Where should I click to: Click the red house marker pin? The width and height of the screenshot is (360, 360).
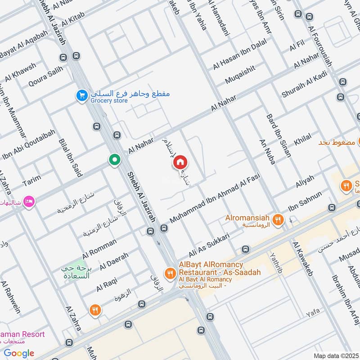tap(180, 162)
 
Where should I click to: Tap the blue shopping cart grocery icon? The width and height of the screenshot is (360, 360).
tap(81, 95)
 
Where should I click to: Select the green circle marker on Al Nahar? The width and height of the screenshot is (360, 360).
tap(115, 160)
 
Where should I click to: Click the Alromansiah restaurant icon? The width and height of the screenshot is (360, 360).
tap(279, 219)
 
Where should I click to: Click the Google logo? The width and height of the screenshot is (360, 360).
tap(19, 353)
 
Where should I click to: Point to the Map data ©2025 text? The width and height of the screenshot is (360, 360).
tap(336, 356)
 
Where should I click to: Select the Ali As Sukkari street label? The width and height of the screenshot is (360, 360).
tap(210, 244)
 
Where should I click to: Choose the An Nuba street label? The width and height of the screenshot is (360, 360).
tap(266, 152)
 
